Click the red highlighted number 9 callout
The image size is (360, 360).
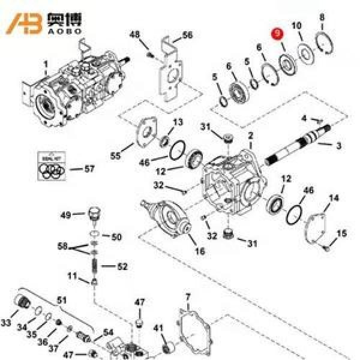coord(277,34)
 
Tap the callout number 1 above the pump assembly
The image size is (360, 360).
coord(46,61)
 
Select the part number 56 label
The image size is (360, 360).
coord(187,36)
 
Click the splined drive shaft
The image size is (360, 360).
coord(297,146)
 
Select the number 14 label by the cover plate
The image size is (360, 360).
coord(334,198)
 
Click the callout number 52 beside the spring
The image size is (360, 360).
coord(122,266)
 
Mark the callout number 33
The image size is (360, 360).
coord(6,323)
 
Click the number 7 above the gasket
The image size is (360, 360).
coord(187,297)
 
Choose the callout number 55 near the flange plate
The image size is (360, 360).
coord(115,156)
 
